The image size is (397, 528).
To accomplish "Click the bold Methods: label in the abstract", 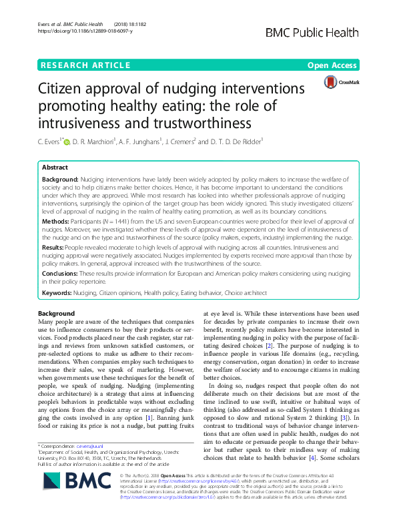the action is (57, 219).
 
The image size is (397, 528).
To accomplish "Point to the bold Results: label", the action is (55, 246).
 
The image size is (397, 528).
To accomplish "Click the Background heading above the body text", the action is (56, 313).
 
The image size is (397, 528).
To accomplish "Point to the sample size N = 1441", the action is (121, 219).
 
